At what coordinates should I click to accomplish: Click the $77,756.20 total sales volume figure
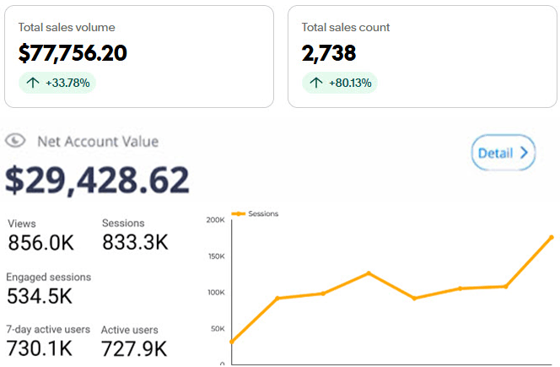click(73, 53)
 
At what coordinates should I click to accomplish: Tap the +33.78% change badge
click(57, 83)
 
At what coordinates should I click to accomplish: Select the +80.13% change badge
click(340, 83)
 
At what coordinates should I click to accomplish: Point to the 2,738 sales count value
click(329, 53)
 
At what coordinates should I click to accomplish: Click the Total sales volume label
click(67, 27)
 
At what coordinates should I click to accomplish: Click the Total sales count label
click(346, 27)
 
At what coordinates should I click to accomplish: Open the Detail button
click(503, 153)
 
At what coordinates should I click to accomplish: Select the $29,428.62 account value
click(98, 179)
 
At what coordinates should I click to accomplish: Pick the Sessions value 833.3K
click(135, 243)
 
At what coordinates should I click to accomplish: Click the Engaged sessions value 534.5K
click(40, 296)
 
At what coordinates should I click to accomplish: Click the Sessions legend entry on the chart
click(260, 214)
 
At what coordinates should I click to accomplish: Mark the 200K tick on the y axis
click(215, 220)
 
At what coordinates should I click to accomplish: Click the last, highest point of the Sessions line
click(552, 238)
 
